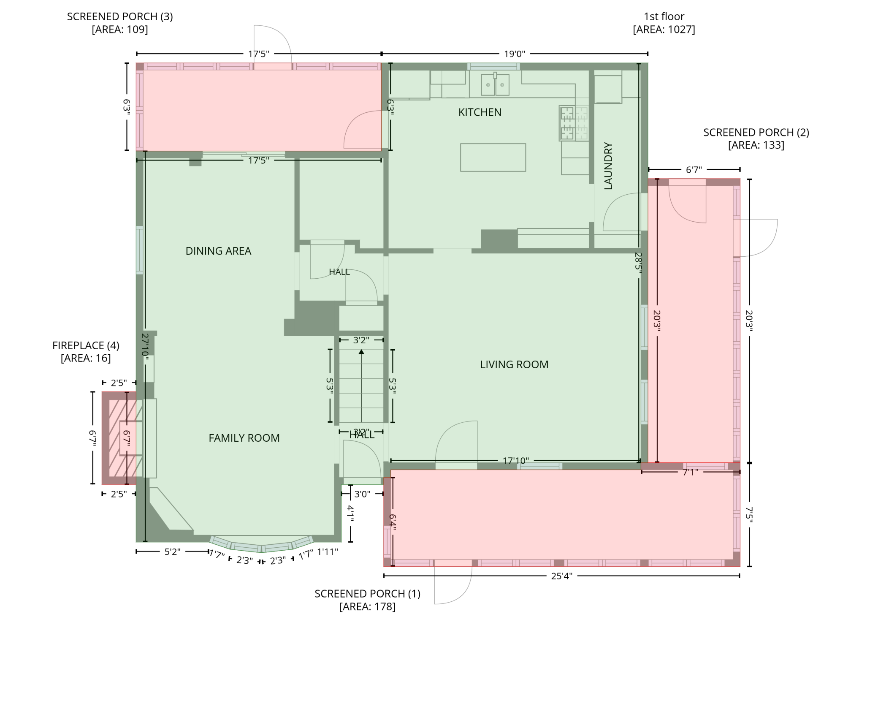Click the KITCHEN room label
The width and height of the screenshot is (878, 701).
pyautogui.click(x=480, y=112)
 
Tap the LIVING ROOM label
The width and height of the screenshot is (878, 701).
pyautogui.click(x=514, y=364)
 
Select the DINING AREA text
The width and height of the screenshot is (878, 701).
pyautogui.click(x=218, y=251)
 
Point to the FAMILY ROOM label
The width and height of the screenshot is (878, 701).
pyautogui.click(x=244, y=438)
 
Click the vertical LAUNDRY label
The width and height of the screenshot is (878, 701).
pyautogui.click(x=608, y=166)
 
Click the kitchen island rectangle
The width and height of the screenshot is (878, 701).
pyautogui.click(x=493, y=158)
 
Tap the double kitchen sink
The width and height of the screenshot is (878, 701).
pyautogui.click(x=495, y=84)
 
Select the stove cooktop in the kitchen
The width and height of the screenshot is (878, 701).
pyautogui.click(x=574, y=123)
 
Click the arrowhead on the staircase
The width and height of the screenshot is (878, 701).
pyautogui.click(x=361, y=352)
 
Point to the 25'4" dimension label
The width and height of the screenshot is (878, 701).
pyautogui.click(x=561, y=576)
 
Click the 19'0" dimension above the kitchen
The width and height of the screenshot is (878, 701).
pyautogui.click(x=514, y=54)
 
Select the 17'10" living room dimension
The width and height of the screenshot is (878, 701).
pyautogui.click(x=515, y=461)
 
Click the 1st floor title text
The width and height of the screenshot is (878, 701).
pyautogui.click(x=664, y=16)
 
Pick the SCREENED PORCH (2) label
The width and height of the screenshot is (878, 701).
pyautogui.click(x=756, y=133)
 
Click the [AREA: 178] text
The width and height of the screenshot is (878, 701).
pyautogui.click(x=367, y=607)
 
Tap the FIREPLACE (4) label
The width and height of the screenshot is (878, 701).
pyautogui.click(x=86, y=345)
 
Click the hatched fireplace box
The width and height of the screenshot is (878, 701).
pyautogui.click(x=119, y=438)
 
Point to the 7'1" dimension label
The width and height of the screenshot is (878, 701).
pyautogui.click(x=691, y=472)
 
